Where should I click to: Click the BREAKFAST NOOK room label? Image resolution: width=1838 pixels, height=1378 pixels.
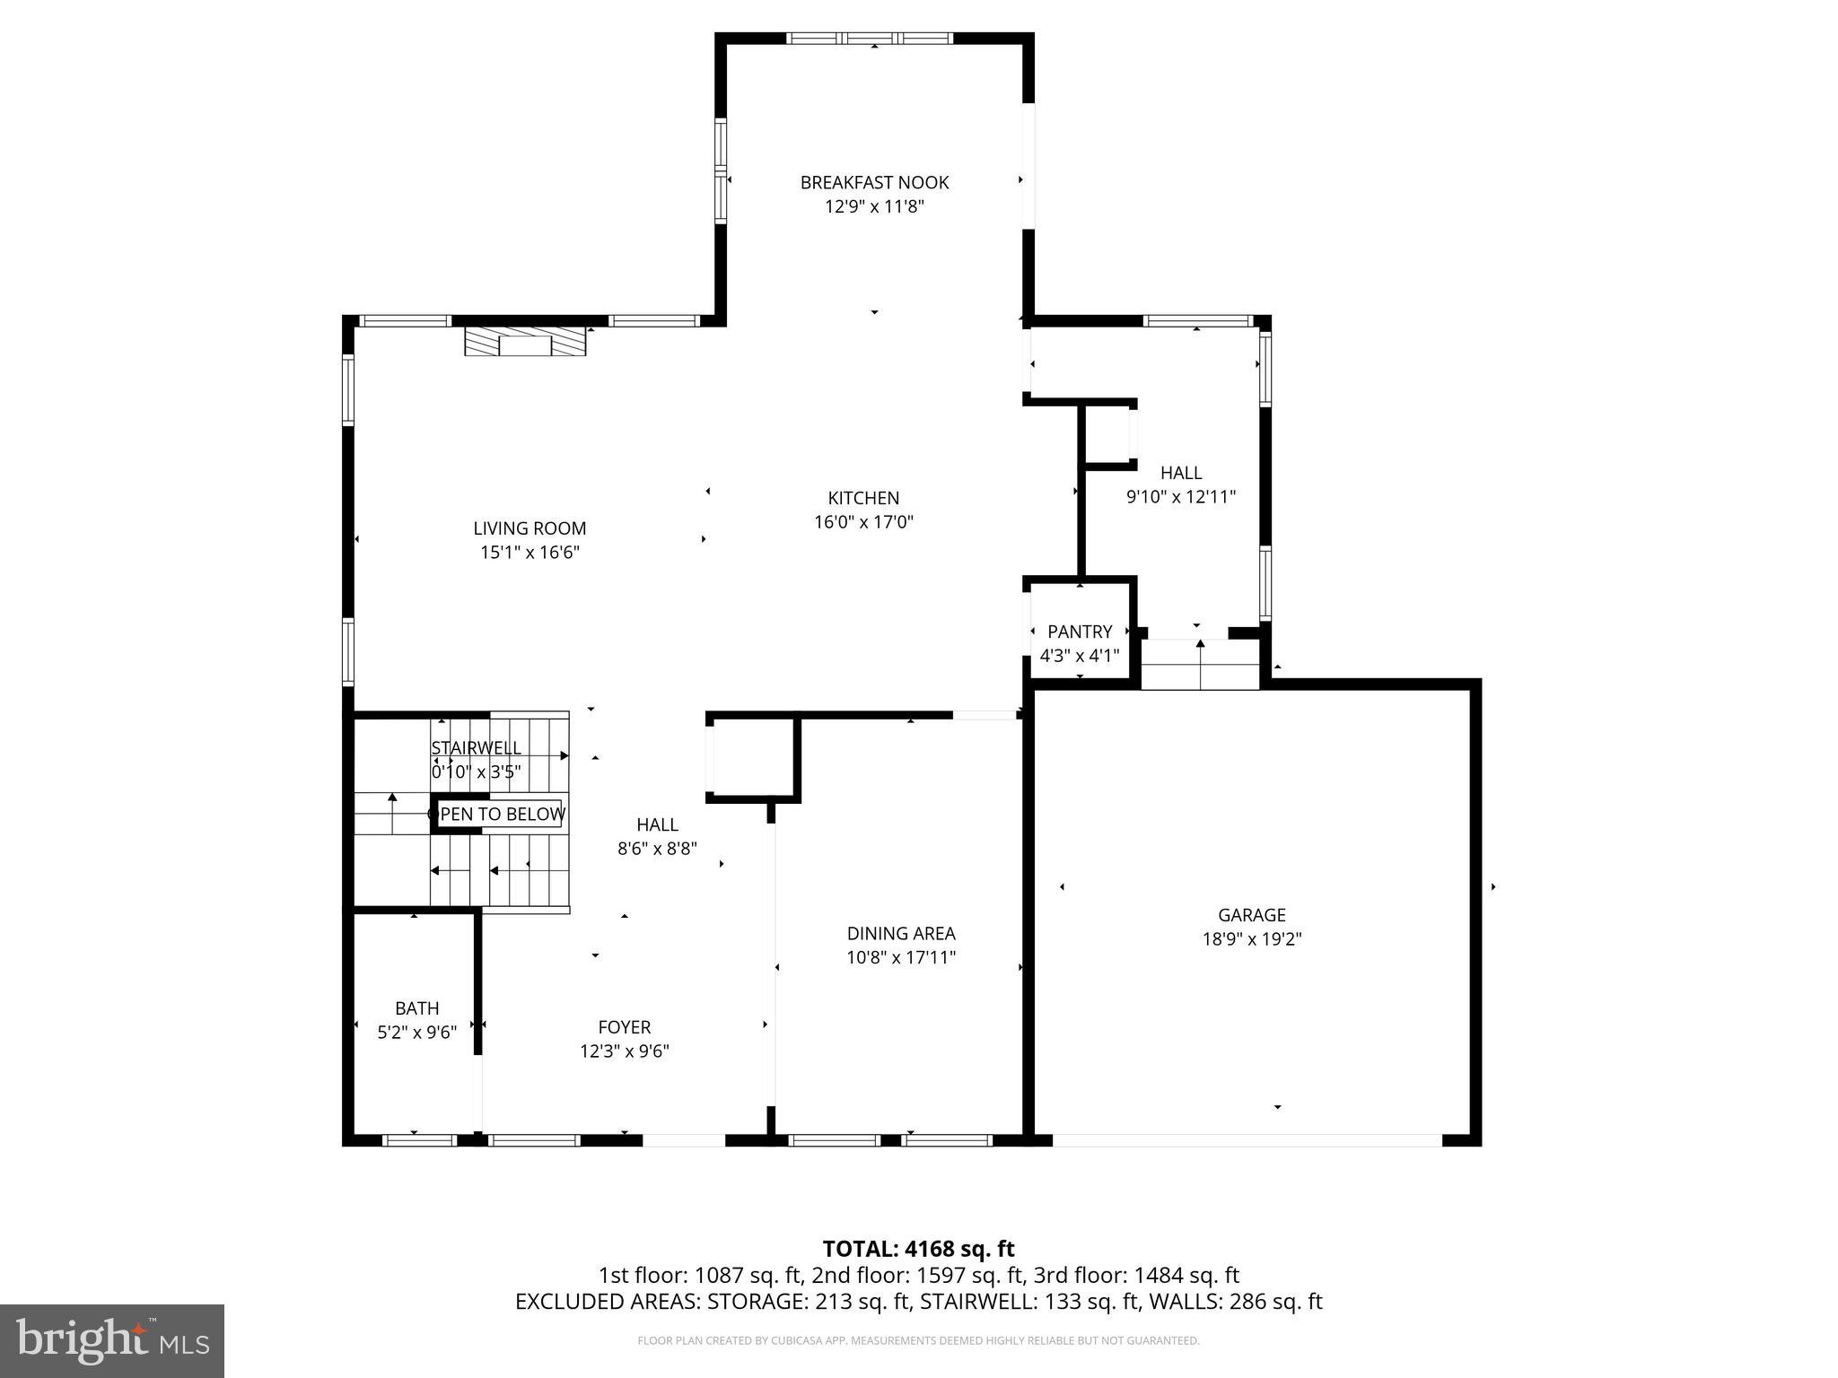point(874,183)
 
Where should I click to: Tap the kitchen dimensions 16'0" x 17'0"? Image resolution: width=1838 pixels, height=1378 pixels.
point(863,522)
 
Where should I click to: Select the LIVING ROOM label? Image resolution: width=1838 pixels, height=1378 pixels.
point(530,528)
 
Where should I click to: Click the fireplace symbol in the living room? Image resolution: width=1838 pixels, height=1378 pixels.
point(525,343)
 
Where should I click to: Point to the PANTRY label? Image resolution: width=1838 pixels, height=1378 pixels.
point(1080,632)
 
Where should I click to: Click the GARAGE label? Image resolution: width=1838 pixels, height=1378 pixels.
point(1251,915)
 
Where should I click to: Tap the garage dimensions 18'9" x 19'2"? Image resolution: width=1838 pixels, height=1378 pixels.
point(1251,939)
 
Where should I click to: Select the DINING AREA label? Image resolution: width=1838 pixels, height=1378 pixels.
point(901,934)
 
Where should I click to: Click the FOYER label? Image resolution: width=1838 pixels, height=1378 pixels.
point(625,1027)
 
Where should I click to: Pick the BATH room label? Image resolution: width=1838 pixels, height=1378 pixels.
point(417,1008)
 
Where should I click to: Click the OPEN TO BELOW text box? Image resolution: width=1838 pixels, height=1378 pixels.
point(498,815)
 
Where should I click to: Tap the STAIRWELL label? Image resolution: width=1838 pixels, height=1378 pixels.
point(476,748)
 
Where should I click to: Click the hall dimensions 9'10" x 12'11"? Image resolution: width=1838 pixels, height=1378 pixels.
point(1181,497)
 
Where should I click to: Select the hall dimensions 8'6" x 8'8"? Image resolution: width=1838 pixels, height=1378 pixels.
point(657,849)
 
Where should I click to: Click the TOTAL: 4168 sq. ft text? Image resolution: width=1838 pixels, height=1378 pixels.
point(918,1249)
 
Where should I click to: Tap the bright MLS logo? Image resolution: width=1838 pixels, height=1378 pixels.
point(112,1340)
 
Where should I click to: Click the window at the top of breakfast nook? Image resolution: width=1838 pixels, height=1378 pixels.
point(869,39)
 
